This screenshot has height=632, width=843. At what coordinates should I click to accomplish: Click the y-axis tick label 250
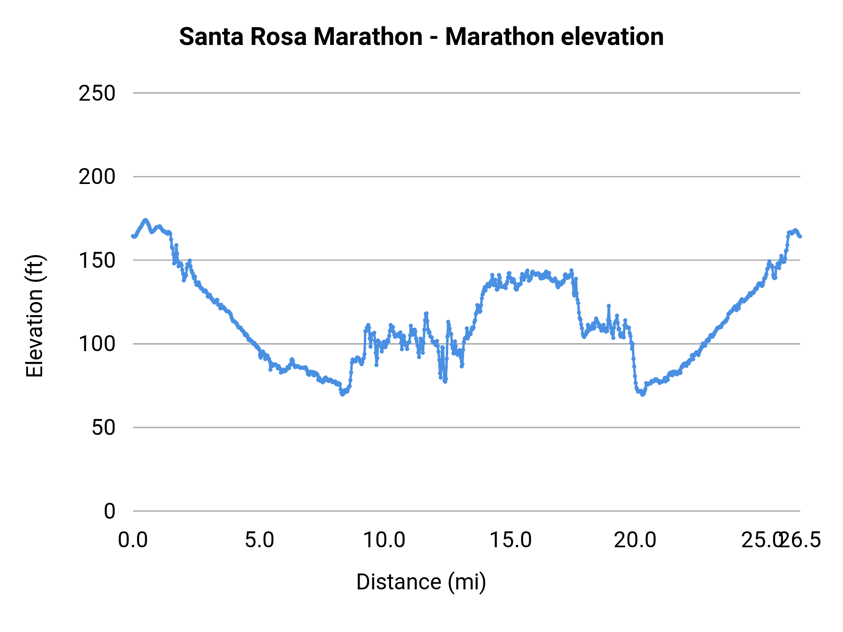click(x=96, y=94)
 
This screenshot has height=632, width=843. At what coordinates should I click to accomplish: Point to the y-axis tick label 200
click(x=96, y=177)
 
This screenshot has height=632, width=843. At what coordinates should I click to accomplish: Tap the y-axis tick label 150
click(x=96, y=261)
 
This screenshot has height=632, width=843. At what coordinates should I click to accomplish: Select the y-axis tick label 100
click(x=96, y=344)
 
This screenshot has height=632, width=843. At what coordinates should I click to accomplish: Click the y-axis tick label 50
click(x=103, y=427)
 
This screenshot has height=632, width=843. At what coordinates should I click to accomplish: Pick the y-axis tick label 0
click(x=109, y=511)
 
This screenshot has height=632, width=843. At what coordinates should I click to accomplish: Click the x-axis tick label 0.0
click(x=133, y=540)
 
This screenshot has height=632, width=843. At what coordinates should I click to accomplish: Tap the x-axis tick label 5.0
click(x=259, y=540)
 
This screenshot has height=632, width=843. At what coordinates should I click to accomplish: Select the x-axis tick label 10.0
click(x=385, y=540)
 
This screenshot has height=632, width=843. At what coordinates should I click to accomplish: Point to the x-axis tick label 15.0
click(x=510, y=540)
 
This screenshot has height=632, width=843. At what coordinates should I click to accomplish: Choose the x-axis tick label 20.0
click(x=635, y=540)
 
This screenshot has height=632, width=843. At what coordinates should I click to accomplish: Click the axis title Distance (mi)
click(x=421, y=582)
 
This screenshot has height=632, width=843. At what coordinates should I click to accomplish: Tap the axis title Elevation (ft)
click(x=35, y=316)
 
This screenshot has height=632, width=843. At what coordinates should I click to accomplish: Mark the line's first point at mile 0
click(x=133, y=236)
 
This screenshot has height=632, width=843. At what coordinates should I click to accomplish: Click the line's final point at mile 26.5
click(x=800, y=236)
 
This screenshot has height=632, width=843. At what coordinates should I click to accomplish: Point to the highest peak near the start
click(x=145, y=220)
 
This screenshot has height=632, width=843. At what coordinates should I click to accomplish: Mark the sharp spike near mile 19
click(x=608, y=306)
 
